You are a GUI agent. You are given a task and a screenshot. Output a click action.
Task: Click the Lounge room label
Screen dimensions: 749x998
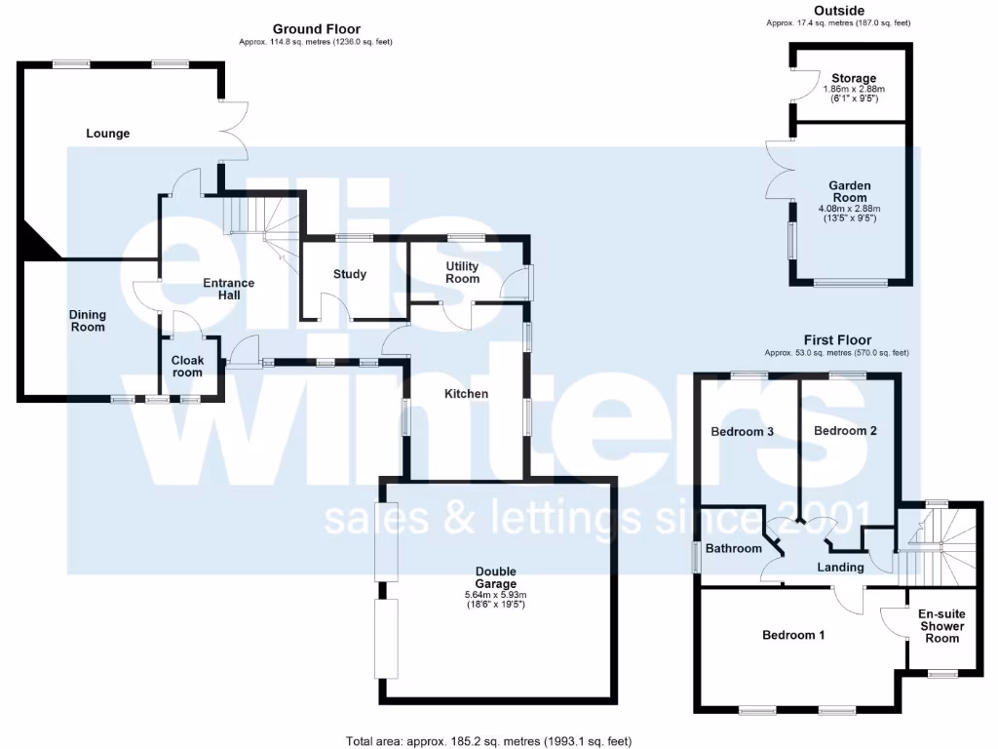107,134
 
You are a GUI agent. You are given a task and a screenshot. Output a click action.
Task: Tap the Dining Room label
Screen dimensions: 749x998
88,321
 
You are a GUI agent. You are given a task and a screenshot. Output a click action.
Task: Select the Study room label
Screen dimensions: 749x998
350,274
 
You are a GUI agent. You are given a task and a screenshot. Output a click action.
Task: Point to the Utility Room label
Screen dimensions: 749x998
463,272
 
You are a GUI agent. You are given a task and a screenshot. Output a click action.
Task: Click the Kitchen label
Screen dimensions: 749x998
466,394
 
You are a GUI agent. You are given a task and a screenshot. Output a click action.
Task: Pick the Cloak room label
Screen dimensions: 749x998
187,366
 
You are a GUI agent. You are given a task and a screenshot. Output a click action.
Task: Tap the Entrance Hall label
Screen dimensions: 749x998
228,290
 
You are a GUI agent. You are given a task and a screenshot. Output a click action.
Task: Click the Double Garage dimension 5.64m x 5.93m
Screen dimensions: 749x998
495,595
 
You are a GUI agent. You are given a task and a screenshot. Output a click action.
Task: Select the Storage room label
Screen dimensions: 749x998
854,78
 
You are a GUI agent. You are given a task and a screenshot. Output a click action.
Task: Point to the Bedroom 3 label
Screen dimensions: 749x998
742,431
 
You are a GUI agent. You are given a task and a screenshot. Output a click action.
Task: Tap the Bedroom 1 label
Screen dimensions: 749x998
793,635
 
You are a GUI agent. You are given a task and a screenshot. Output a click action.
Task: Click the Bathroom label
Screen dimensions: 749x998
734,548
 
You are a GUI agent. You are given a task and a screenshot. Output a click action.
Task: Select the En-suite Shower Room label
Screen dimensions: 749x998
940,626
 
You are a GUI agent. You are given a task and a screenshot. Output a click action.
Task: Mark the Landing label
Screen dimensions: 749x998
840,568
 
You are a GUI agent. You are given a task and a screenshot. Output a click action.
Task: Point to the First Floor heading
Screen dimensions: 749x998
837,340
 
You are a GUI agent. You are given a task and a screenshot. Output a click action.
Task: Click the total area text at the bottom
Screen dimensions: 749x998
480,741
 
